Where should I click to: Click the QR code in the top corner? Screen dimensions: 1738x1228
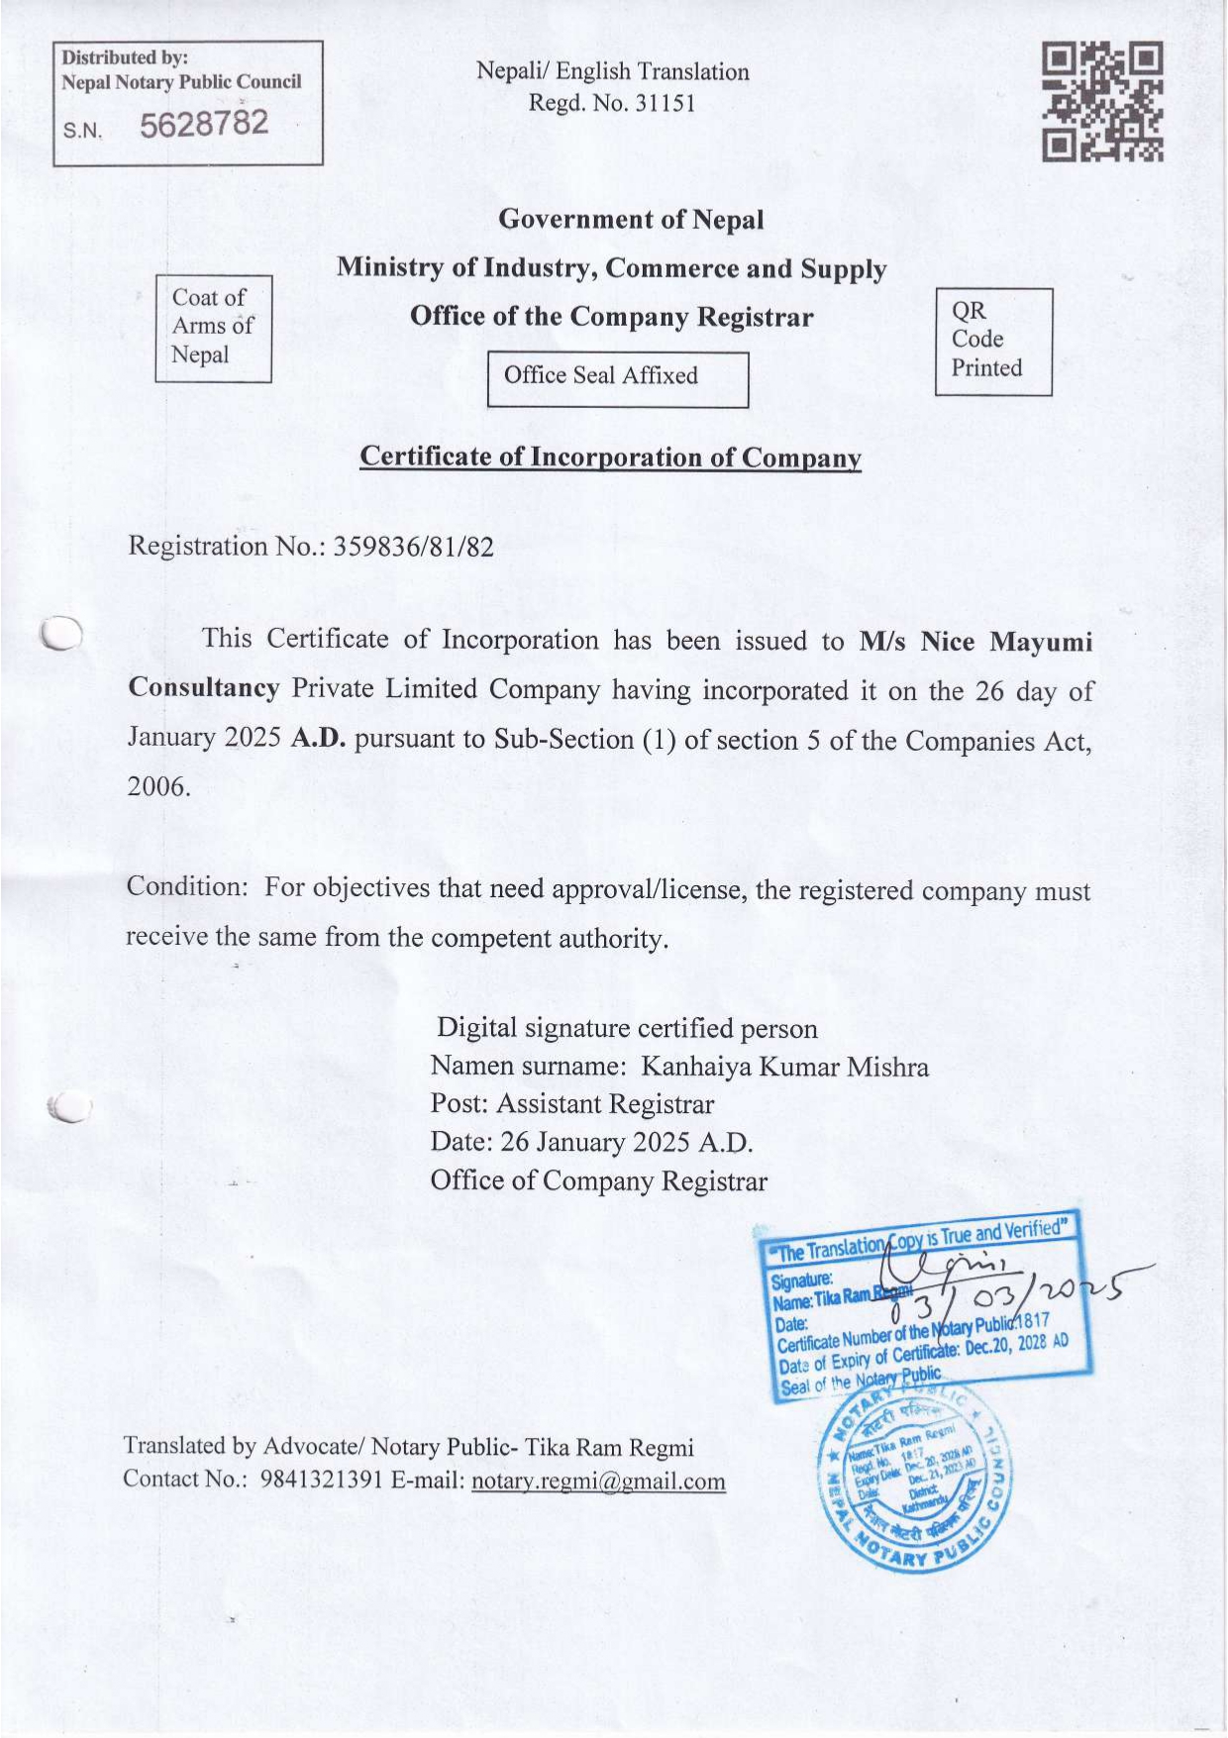(1102, 101)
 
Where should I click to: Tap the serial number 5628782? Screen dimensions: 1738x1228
(204, 124)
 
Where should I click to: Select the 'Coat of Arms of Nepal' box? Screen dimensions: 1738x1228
(213, 328)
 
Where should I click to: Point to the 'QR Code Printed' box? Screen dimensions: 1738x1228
(992, 341)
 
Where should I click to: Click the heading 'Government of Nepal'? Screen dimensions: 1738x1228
(631, 219)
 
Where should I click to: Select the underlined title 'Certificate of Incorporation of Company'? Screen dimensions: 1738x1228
(610, 458)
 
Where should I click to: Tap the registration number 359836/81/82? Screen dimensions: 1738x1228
(413, 547)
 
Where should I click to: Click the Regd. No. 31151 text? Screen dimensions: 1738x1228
(612, 103)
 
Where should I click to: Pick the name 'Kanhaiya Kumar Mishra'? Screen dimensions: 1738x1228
(784, 1067)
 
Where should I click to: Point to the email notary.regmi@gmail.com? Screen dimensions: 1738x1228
(598, 1482)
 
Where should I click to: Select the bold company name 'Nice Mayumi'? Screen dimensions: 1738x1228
(1006, 642)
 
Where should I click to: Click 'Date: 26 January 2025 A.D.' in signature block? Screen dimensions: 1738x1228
(591, 1143)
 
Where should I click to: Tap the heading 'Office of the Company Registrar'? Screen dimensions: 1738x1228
(611, 317)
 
